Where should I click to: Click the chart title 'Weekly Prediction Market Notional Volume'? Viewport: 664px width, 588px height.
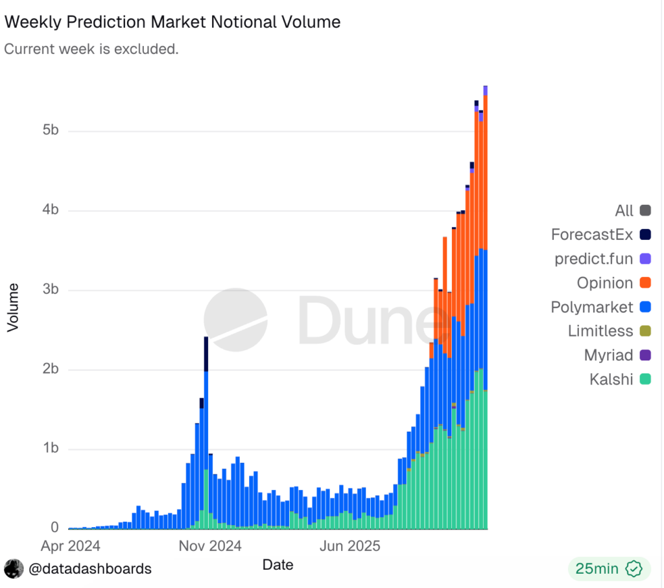[172, 21]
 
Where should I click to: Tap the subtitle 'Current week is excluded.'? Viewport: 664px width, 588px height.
[91, 49]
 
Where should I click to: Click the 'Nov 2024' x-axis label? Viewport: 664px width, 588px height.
[211, 546]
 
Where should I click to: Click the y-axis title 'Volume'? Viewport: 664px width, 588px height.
[12, 307]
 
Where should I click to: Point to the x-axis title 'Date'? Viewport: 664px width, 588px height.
[278, 565]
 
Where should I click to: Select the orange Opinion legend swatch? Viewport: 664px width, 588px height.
[645, 283]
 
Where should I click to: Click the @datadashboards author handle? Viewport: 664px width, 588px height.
[89, 569]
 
